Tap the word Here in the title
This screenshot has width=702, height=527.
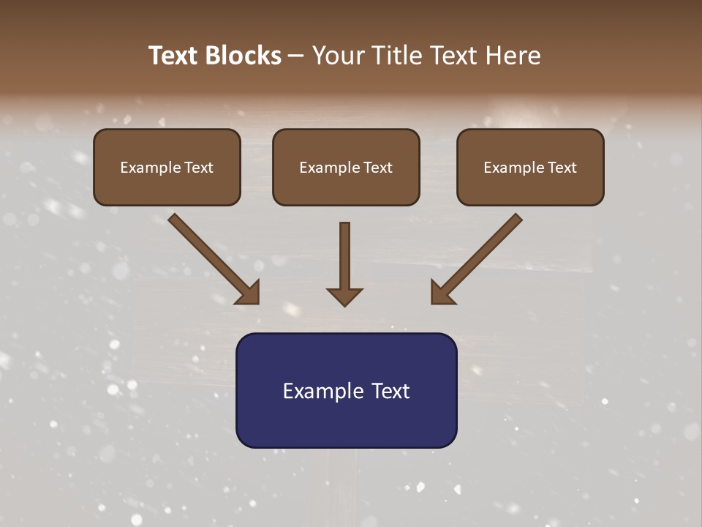pyautogui.click(x=512, y=56)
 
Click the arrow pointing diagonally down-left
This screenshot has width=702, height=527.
pyautogui.click(x=479, y=256)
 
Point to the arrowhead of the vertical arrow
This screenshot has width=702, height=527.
pyautogui.click(x=344, y=296)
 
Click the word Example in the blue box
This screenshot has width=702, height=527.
pyautogui.click(x=319, y=392)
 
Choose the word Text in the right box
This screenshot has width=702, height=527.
pyautogui.click(x=562, y=168)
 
